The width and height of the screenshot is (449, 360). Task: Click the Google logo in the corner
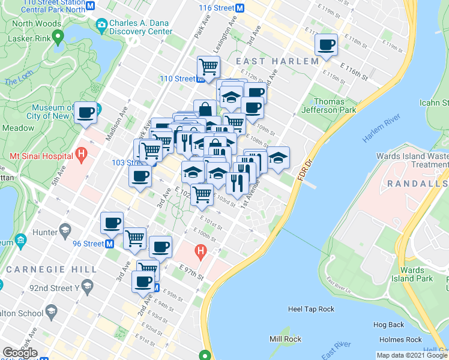20,353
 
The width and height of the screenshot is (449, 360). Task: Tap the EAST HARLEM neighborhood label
277,62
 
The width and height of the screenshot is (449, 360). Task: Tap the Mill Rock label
285,340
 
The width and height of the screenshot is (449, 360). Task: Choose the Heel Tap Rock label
311,309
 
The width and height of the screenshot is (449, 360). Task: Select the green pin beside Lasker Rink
58,37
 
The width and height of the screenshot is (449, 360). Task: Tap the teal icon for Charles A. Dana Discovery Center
100,26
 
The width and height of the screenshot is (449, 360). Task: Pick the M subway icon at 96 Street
110,244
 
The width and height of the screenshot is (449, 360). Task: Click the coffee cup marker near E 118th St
326,45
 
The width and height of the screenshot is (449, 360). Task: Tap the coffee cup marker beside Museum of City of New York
85,112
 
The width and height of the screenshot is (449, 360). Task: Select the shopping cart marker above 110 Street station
208,66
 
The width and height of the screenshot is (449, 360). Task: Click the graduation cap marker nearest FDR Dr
278,158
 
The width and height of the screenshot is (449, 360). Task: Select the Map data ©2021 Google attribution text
412,355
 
